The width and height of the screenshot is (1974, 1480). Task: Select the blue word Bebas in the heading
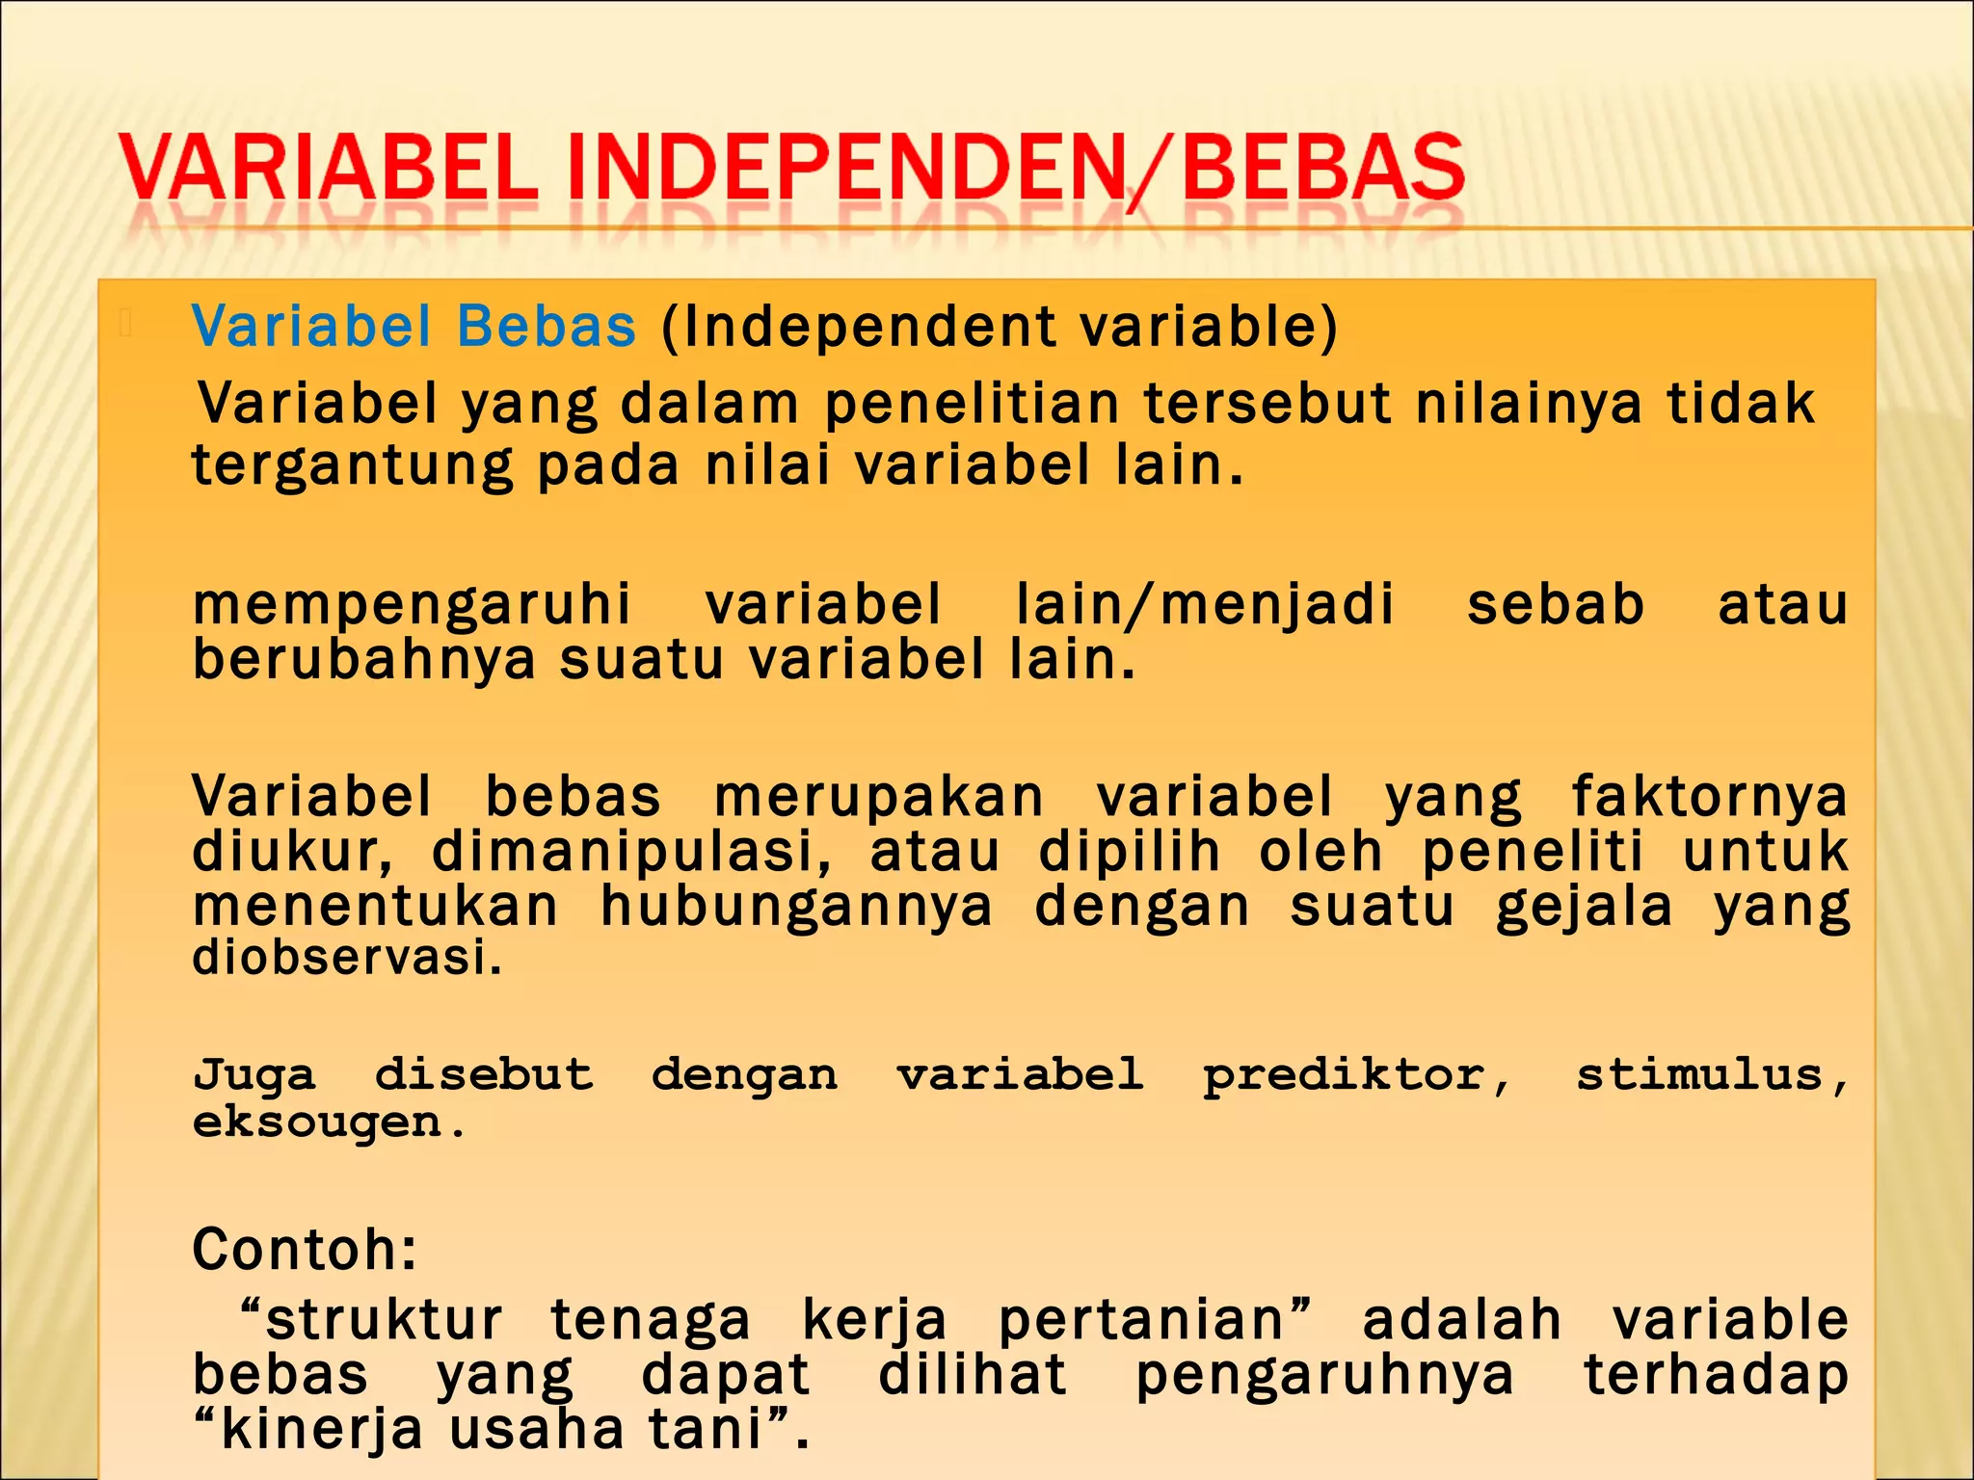546,326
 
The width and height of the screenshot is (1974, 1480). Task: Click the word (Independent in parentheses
858,326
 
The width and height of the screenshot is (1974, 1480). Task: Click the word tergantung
352,466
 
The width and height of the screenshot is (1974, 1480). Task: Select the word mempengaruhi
412,605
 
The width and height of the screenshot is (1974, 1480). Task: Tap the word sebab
1555,605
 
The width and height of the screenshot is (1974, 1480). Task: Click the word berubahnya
363,660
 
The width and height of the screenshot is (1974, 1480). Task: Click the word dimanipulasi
631,853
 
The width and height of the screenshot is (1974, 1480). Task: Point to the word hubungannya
796,908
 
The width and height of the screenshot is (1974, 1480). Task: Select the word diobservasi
347,958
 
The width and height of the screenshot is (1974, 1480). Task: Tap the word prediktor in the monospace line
1355,1075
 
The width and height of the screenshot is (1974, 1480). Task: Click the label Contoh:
305,1250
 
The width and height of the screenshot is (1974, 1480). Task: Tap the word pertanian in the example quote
1153,1320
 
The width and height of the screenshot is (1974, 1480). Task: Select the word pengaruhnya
1324,1375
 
